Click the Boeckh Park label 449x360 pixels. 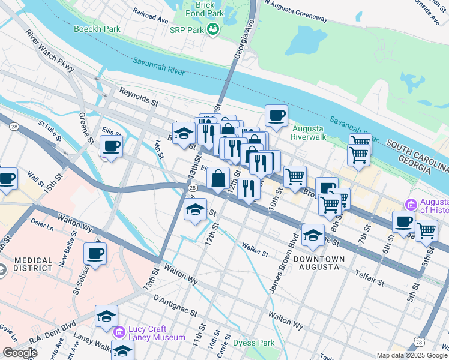[x=97, y=29]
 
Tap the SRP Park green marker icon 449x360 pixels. [x=212, y=29]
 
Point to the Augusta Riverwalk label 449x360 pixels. [x=307, y=133]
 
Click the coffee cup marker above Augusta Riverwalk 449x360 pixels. [x=276, y=116]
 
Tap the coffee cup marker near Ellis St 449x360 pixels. [x=112, y=146]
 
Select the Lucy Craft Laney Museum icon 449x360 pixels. [x=119, y=331]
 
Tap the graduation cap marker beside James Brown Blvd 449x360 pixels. [x=313, y=235]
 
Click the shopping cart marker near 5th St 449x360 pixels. [x=426, y=230]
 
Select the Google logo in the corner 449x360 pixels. [x=20, y=353]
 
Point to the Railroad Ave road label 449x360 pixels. [x=151, y=15]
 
